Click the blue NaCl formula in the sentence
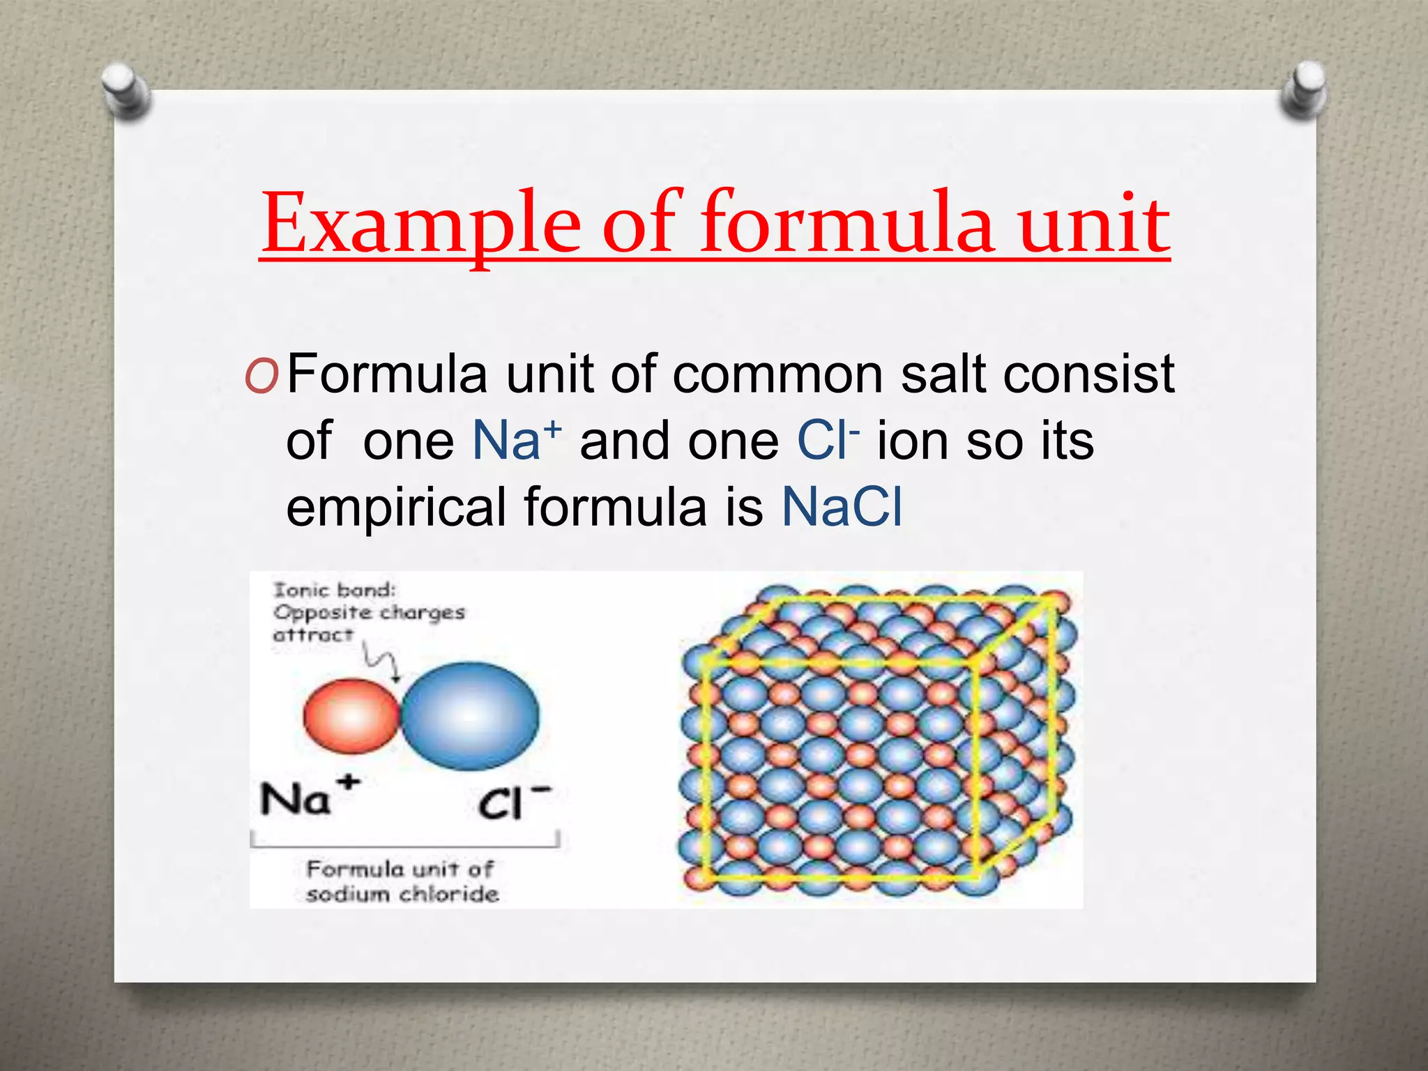(x=842, y=507)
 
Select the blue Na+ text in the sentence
(x=516, y=440)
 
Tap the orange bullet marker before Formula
(x=261, y=377)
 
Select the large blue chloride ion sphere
(x=471, y=716)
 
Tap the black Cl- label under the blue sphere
(x=513, y=803)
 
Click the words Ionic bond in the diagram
(x=334, y=591)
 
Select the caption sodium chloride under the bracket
(x=402, y=894)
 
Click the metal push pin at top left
(x=124, y=89)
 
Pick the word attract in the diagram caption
(x=313, y=635)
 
